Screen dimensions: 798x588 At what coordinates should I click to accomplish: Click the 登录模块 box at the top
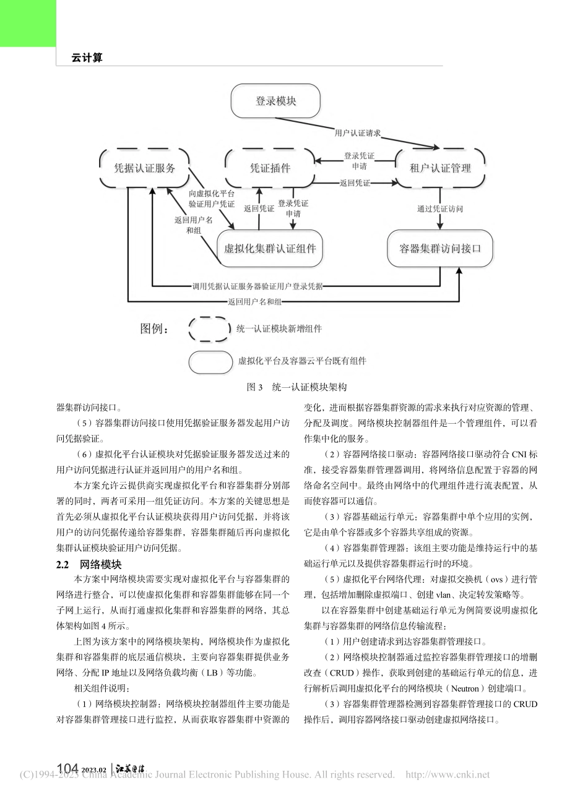pos(275,101)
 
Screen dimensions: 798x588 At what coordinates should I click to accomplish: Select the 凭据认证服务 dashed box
pos(144,168)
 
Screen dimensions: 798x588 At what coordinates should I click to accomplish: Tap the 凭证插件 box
pos(269,168)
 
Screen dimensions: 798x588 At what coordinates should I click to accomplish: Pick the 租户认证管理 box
pos(440,168)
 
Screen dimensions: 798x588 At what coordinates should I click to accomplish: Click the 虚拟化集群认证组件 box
pos(270,249)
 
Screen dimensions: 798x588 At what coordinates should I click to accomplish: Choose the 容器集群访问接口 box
pos(440,249)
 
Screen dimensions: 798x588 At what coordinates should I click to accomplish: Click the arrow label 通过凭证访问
pos(440,209)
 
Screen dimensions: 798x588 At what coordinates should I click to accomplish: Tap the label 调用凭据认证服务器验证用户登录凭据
pos(257,286)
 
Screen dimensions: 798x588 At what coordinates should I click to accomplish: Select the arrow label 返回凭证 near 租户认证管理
pos(355,183)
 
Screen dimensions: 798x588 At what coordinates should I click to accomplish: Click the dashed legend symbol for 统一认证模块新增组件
pos(210,329)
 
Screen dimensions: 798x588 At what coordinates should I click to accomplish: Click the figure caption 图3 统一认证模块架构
pos(296,387)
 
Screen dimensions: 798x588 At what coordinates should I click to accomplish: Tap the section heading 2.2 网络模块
pos(89,565)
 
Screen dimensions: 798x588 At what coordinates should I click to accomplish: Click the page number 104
pos(68,769)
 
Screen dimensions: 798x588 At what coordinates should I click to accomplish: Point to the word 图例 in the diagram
pos(151,328)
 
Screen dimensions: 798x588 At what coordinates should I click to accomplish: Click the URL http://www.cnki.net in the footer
pos(447,774)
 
